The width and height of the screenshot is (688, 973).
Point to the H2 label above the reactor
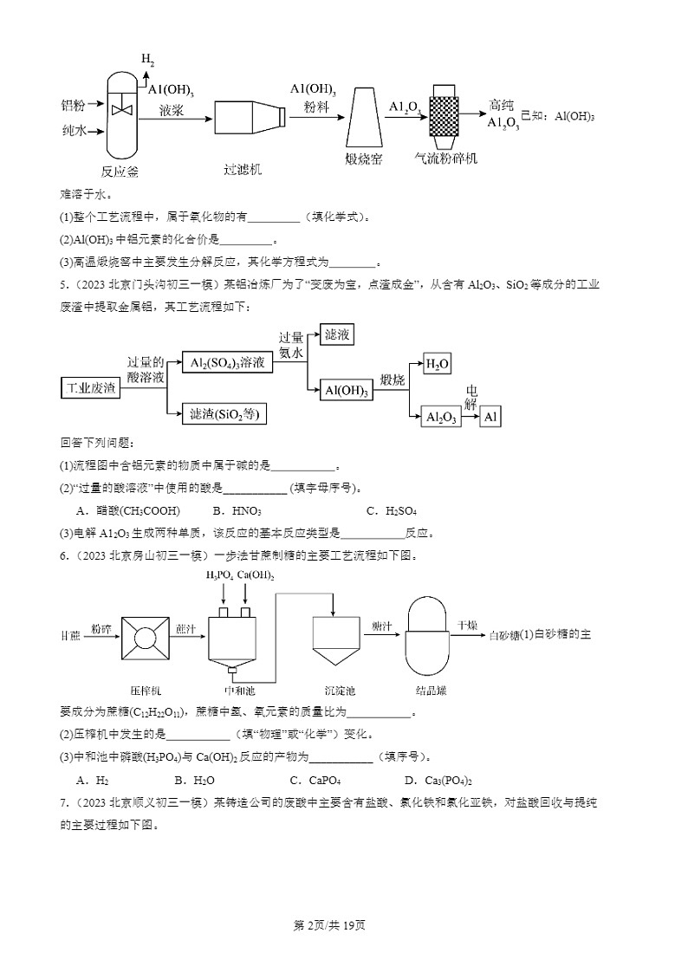148,60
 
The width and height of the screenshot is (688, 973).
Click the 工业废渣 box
90,388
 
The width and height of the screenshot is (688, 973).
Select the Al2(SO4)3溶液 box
227,364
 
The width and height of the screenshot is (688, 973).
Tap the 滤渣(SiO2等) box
224,415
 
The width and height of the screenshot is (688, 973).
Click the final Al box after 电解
491,417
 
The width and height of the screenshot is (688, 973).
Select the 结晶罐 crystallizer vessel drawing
430,635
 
